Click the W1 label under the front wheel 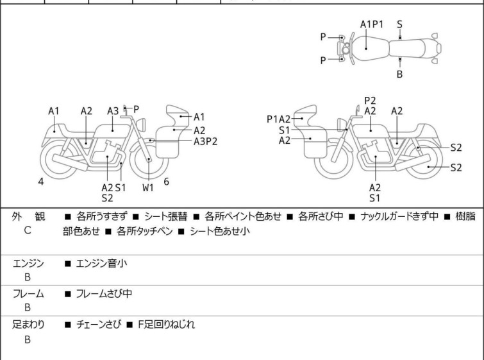(148, 187)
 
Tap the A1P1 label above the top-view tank (372, 24)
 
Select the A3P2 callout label (205, 141)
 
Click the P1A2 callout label (278, 119)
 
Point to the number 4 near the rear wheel (41, 182)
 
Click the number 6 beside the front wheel (167, 182)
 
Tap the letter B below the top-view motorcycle (399, 74)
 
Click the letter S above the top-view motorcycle (399, 24)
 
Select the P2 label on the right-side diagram (370, 101)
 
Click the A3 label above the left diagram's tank (113, 111)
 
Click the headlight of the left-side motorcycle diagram (141, 125)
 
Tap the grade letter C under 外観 (28, 230)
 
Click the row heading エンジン (28, 263)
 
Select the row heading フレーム (28, 293)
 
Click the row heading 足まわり (28, 325)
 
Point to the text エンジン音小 (101, 263)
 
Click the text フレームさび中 (104, 293)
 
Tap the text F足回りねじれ (166, 325)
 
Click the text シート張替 (166, 216)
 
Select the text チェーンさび (99, 325)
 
